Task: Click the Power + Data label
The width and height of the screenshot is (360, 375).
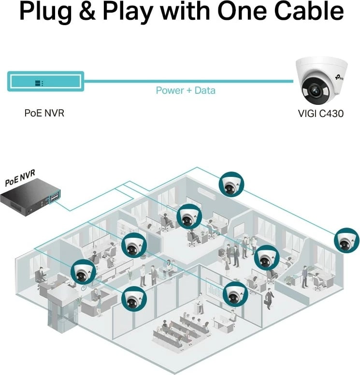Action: point(186,90)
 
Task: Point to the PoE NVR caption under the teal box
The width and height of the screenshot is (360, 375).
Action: point(44,114)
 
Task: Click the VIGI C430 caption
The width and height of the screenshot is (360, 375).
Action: point(320,115)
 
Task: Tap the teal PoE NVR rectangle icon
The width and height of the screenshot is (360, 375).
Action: point(46,82)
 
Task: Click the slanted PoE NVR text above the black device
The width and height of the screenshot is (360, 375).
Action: point(20,178)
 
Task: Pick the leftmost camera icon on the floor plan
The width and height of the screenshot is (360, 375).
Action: point(83,272)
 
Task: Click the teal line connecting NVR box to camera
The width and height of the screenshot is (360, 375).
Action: point(188,81)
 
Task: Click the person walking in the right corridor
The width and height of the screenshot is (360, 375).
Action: point(269,298)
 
